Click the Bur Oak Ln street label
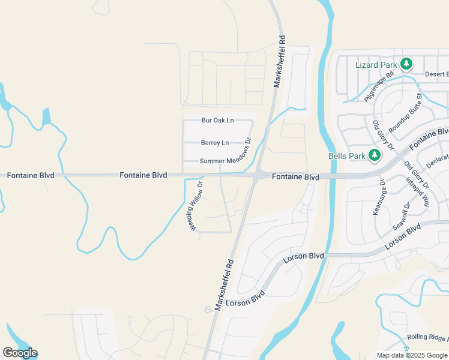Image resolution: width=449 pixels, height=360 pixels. coord(217,121)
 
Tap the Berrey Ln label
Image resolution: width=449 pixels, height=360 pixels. coord(215,143)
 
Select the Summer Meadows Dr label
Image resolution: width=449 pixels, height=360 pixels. coord(225,161)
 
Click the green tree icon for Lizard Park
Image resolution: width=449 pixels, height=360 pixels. coord(406,64)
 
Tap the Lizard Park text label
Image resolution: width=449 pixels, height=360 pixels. coord(376,65)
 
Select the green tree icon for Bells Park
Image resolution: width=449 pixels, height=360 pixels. coord(375,156)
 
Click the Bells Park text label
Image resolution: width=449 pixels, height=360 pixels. coord(347,156)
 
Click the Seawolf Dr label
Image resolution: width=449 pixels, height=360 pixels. coord(401,216)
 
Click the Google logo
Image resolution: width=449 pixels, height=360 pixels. coord(20,353)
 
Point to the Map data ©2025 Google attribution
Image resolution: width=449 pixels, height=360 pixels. coord(412,355)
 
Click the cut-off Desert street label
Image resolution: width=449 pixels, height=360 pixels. coord(436,74)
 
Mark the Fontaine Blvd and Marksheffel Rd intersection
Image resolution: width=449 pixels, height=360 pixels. coord(257,176)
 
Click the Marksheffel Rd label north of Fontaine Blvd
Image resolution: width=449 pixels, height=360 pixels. coord(280,61)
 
